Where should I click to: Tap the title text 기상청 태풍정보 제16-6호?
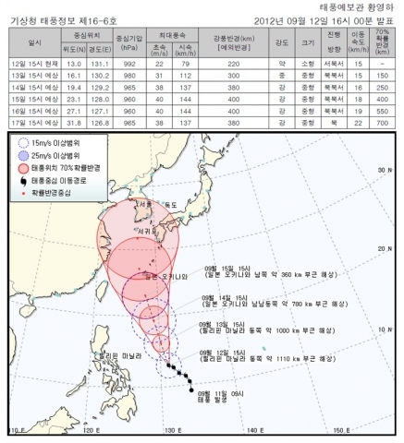coord(58,19)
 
